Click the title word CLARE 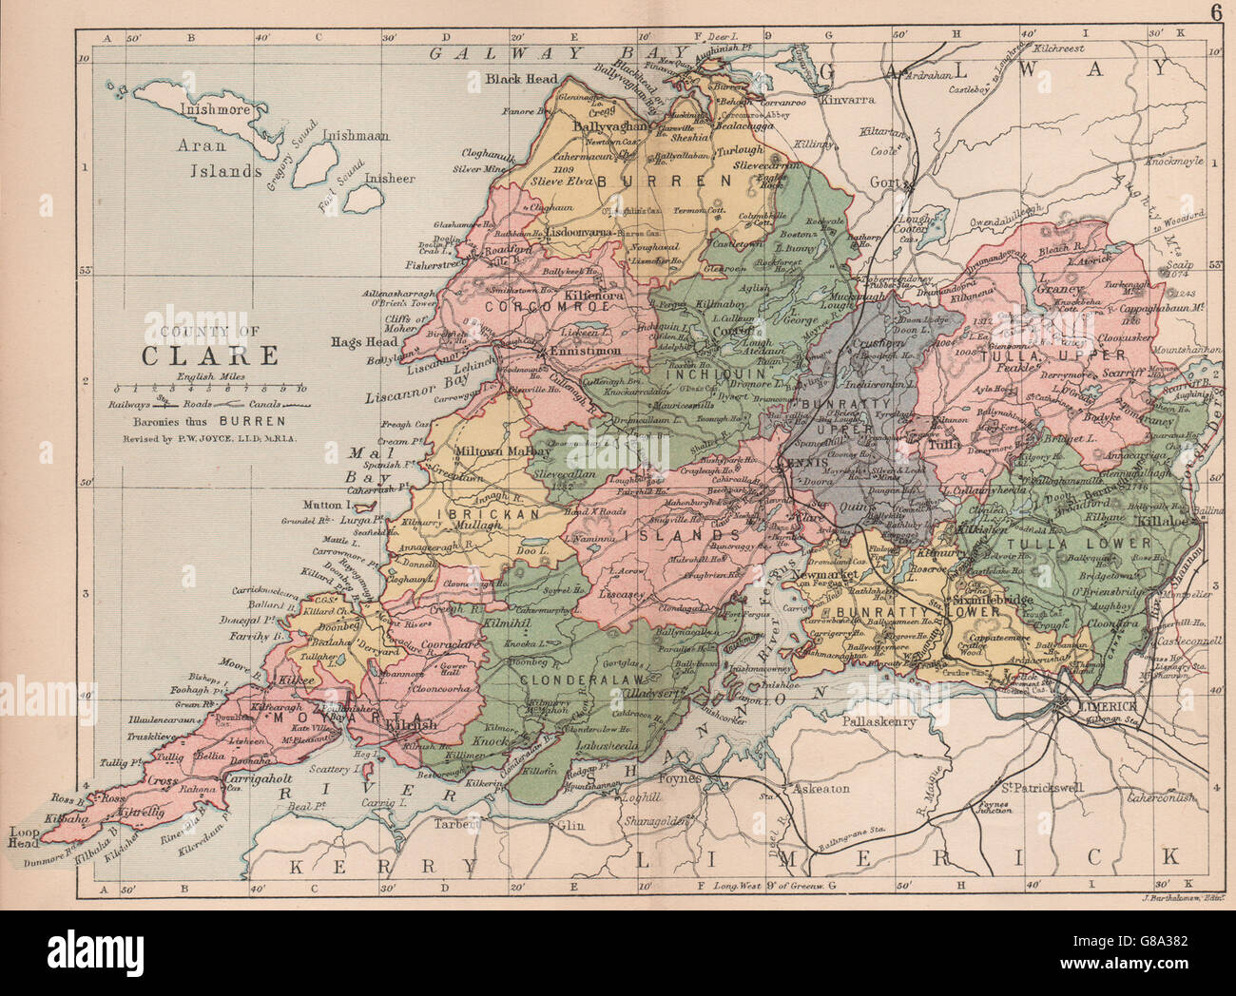point(210,355)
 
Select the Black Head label point(515,79)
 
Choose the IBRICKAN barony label point(473,513)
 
